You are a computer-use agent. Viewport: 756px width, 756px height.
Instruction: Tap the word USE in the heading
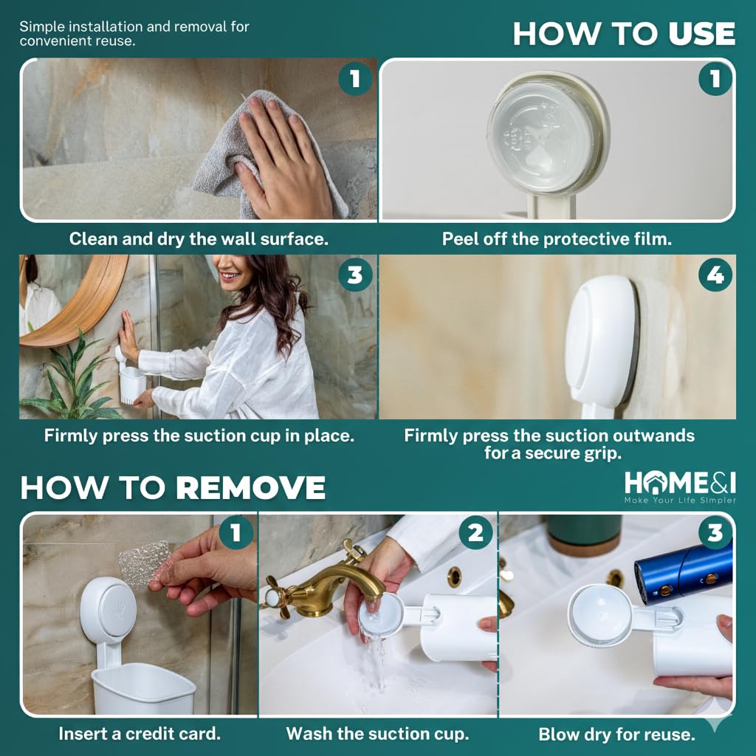(702, 34)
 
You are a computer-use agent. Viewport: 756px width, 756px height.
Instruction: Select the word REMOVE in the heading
(250, 487)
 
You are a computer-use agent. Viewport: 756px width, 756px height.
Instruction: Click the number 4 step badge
(715, 275)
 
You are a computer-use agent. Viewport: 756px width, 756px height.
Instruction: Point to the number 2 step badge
(475, 533)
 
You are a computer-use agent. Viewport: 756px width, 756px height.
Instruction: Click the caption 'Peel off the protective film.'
(557, 238)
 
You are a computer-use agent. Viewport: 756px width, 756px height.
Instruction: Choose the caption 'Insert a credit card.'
(140, 733)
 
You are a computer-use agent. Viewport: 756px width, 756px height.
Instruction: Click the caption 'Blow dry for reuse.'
(616, 735)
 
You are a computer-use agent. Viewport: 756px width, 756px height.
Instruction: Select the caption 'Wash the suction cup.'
(377, 733)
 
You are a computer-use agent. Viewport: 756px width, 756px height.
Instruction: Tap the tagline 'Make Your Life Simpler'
(680, 500)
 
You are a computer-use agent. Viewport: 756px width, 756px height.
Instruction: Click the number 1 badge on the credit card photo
(236, 533)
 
